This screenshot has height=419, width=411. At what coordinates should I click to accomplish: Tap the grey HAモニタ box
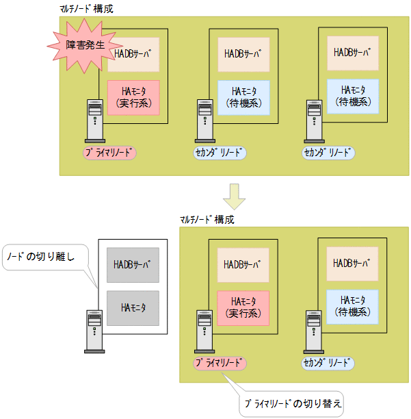pos(132,303)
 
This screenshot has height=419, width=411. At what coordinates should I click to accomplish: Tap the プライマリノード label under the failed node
pos(109,152)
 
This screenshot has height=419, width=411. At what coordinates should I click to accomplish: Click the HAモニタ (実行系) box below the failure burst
pos(133,97)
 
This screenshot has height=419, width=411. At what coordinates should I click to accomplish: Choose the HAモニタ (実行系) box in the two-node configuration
pos(243,307)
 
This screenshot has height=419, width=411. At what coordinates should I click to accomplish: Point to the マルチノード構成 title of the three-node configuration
pos(87,9)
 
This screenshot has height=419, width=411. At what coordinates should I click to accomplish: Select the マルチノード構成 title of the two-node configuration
pos(207,220)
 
